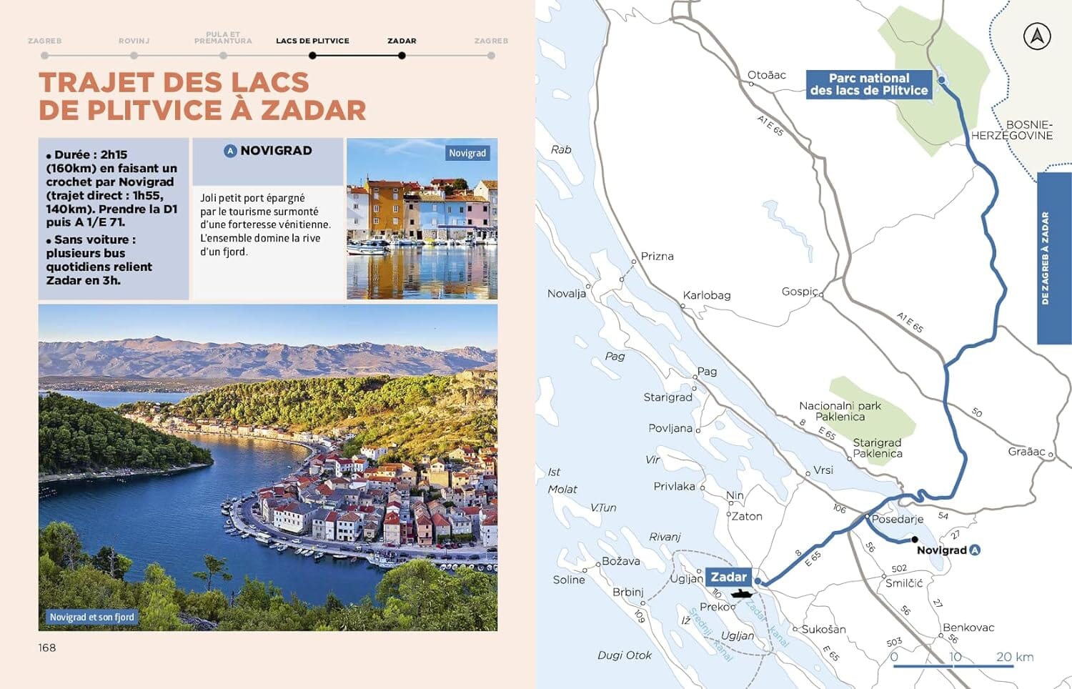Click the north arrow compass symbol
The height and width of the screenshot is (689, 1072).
point(1036,36)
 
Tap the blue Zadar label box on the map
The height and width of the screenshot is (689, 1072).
point(728,577)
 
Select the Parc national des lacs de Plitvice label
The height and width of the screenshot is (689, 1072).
point(869,84)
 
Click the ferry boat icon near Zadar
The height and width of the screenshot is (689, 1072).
point(741,593)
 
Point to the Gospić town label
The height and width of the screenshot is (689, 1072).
point(800,292)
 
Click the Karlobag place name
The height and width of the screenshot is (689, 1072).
point(706,295)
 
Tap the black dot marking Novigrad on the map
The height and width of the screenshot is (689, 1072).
point(915,540)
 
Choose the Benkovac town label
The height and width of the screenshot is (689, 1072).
point(968,628)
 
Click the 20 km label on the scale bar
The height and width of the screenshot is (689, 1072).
point(1014,657)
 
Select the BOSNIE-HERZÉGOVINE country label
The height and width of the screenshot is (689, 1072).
point(1012,130)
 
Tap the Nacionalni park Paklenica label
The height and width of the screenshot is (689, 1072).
point(840,411)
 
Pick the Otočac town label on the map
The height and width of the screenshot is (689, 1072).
point(766,75)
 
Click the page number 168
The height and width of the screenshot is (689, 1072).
point(47,648)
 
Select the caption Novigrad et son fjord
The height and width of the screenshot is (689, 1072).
point(91,617)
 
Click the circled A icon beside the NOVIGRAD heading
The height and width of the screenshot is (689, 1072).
point(230,151)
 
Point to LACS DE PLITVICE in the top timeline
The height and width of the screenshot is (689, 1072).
point(312,41)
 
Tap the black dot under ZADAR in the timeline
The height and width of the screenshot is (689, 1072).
point(402,56)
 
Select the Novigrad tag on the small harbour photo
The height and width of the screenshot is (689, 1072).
point(467,153)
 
